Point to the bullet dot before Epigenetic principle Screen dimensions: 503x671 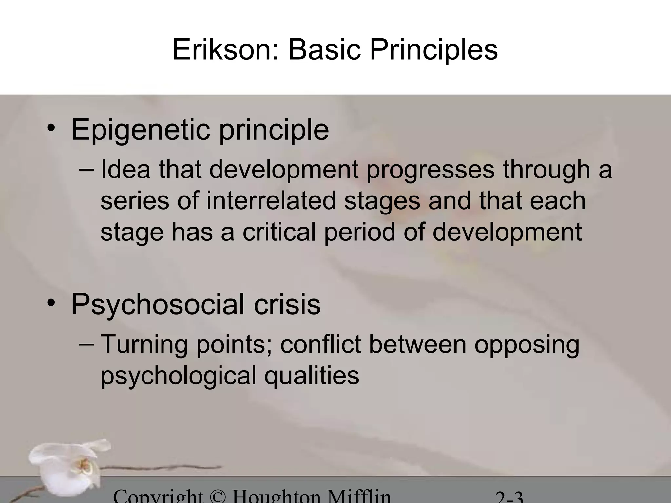coord(51,128)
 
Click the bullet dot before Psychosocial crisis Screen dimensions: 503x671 coord(51,303)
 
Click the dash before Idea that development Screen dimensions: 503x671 coord(86,169)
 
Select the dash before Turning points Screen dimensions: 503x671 coord(86,344)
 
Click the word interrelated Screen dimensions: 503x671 coord(271,201)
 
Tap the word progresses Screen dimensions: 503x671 coord(430,170)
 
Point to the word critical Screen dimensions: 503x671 coord(279,232)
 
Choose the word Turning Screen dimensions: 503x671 coord(144,345)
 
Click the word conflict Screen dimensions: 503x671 coord(320,345)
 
